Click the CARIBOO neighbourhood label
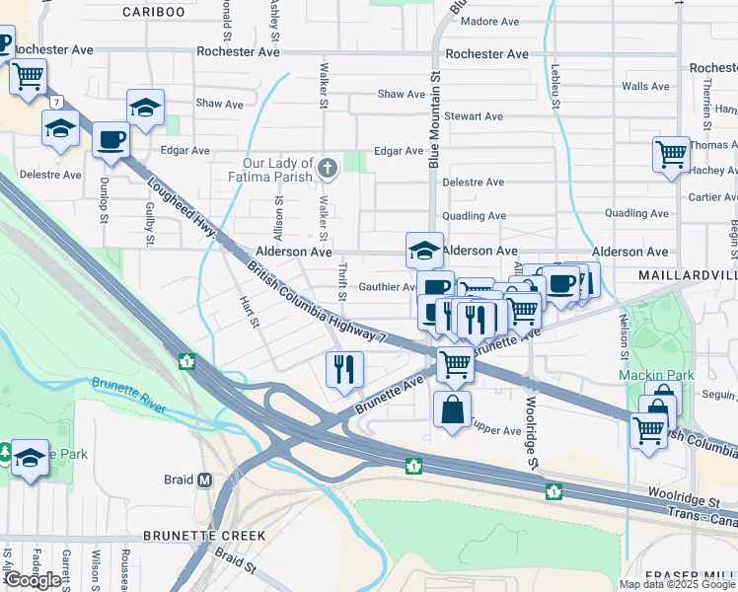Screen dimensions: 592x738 click(x=153, y=12)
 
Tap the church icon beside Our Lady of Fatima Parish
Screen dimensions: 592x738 click(x=329, y=169)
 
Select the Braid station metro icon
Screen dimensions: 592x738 click(x=205, y=480)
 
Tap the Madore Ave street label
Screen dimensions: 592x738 click(x=489, y=21)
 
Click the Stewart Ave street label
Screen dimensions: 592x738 click(x=474, y=116)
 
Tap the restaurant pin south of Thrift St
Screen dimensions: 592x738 click(x=344, y=369)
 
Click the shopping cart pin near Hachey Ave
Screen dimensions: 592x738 click(x=671, y=154)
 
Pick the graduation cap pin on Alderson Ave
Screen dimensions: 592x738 click(x=424, y=249)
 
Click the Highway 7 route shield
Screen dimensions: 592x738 click(x=58, y=102)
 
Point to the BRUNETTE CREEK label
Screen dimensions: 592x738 click(x=204, y=535)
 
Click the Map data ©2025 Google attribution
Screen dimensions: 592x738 click(x=677, y=584)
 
